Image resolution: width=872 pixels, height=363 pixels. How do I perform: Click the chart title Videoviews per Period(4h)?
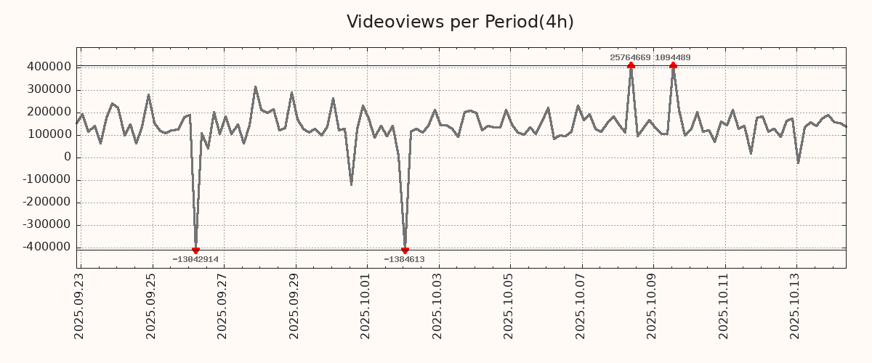coord(460,22)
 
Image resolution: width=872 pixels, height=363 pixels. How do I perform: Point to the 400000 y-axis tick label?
coord(48,67)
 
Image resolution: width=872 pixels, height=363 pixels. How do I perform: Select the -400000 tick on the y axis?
coord(46,248)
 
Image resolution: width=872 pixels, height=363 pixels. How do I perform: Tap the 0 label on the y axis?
coord(68,158)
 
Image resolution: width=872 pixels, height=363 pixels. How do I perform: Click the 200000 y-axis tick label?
coord(48,112)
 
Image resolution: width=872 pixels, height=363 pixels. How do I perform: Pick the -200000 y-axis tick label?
coord(46,203)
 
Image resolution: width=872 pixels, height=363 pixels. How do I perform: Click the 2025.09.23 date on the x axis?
coord(80,306)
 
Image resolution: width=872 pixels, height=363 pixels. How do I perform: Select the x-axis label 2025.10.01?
coord(367,306)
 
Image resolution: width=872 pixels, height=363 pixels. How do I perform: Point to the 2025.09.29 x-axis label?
coord(295,306)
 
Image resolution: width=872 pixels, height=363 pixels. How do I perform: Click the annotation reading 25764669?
coord(630,57)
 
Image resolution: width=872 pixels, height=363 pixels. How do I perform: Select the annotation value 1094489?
coord(673,57)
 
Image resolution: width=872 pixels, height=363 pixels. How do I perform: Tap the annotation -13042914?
coord(195,259)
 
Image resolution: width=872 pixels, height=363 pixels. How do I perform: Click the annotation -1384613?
coord(405,259)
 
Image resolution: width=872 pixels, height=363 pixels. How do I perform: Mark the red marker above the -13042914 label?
coord(195,250)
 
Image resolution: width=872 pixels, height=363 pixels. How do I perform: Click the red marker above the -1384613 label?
coord(405,250)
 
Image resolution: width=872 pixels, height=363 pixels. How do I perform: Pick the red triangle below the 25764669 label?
coord(631,65)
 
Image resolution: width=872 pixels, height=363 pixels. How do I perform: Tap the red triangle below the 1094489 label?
coord(674,65)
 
